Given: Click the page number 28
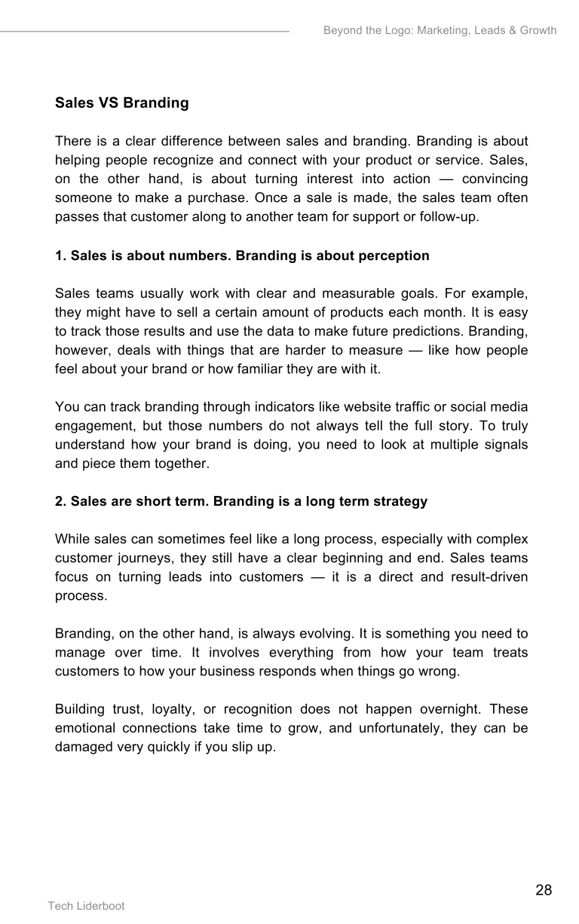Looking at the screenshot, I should (544, 890).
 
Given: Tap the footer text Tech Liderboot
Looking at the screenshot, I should (86, 906).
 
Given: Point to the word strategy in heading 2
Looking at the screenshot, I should (400, 501).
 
